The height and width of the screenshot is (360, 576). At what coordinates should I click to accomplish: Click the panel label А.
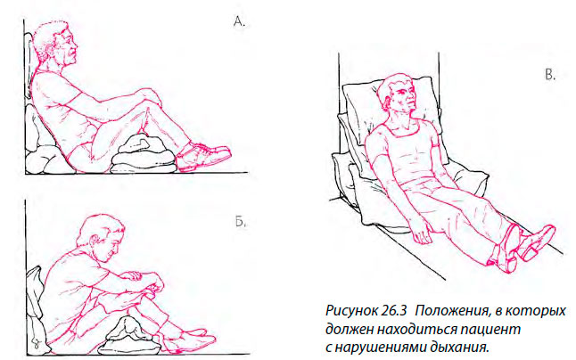[239, 21]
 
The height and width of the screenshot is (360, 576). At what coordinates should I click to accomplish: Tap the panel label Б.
[240, 221]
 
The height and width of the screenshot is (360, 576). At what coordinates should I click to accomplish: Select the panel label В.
[550, 75]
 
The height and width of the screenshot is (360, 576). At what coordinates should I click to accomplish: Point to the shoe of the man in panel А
[203, 156]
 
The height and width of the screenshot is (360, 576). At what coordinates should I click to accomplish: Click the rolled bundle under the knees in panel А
[144, 153]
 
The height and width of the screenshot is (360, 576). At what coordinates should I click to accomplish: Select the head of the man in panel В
[399, 95]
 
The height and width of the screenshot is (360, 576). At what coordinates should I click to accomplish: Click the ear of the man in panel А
[50, 50]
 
